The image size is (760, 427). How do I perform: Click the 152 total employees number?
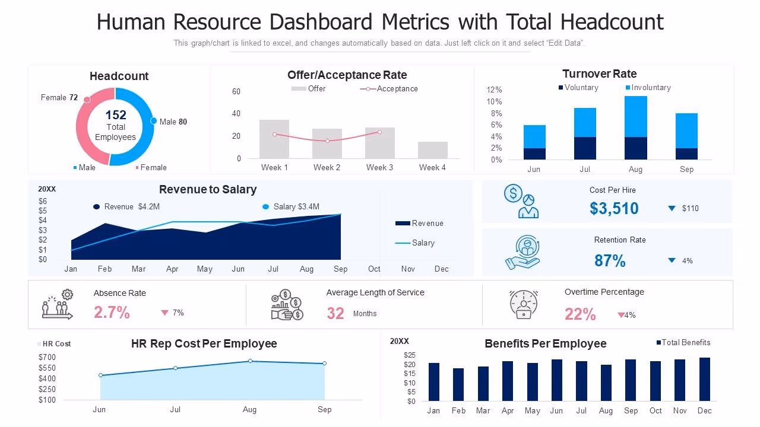pos(116,115)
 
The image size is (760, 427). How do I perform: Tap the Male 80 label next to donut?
pos(173,122)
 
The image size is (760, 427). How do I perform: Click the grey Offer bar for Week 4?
pos(433,150)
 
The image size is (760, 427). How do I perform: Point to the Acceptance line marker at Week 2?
pos(327,141)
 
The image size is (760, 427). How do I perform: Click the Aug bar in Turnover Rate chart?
pos(635,128)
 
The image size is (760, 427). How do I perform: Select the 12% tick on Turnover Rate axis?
pos(494,90)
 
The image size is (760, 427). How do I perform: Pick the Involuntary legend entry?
pos(650,88)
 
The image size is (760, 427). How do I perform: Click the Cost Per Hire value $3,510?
pos(614,208)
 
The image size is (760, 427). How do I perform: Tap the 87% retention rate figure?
pos(610,261)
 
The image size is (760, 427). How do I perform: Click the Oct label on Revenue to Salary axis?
pos(374,269)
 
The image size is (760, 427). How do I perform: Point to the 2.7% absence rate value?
pos(112,313)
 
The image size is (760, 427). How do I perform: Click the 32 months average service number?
pos(335,313)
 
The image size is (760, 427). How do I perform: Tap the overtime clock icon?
pos(523,304)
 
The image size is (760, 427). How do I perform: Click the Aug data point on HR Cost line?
pos(250,361)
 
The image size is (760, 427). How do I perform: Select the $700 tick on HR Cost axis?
pos(47,357)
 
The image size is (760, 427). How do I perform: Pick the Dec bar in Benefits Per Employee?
pos(705,379)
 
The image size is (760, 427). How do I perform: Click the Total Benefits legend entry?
pos(685,343)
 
